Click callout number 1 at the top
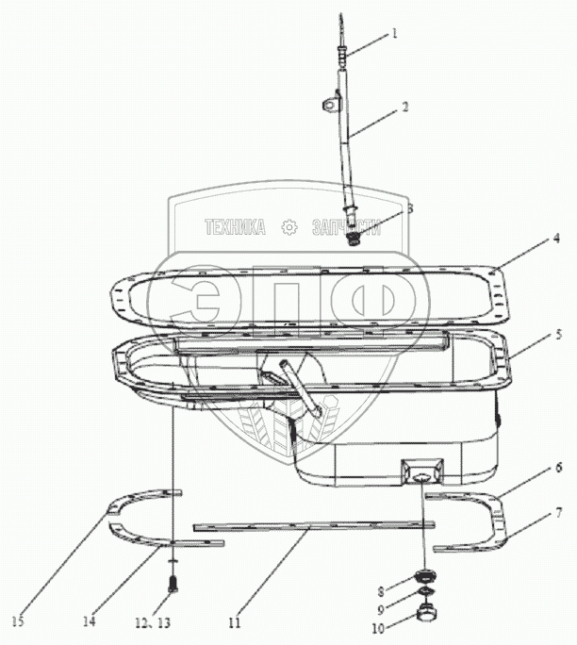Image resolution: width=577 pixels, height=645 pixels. pyautogui.click(x=395, y=32)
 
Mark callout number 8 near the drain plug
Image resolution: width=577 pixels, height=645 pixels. pyautogui.click(x=382, y=592)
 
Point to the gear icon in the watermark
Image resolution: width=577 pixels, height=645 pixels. pyautogui.click(x=289, y=227)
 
